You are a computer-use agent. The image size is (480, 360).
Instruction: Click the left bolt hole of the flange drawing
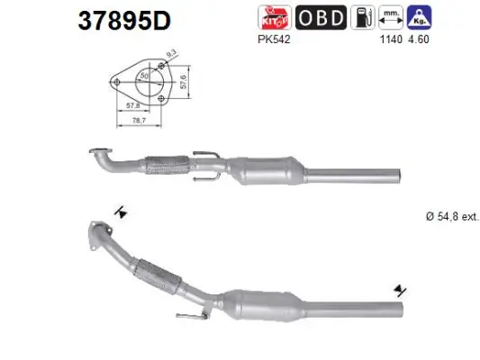(113, 82)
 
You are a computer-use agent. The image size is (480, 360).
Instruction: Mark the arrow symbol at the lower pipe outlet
(396, 292)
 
